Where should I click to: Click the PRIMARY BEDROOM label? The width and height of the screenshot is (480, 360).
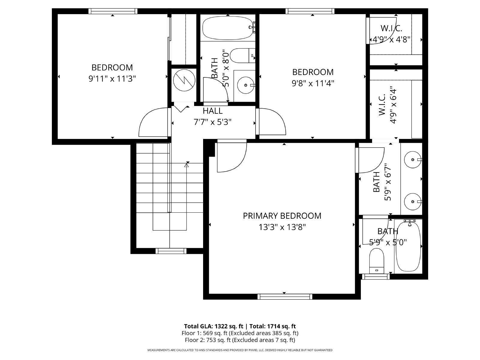282,216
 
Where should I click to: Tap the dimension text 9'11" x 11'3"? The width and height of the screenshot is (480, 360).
112,79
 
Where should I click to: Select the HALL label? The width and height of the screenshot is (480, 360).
213,111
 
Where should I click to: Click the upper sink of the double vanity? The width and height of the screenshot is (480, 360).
413,160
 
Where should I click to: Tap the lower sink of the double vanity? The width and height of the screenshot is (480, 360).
413,202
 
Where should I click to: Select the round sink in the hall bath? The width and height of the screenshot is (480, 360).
246,85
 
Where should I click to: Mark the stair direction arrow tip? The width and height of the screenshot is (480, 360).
187,164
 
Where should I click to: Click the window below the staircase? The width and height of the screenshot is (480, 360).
170,251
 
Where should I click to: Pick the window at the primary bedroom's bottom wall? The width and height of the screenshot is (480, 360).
285,296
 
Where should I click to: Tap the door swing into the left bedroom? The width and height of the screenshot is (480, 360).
152,121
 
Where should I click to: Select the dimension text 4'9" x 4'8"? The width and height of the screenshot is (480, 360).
391,39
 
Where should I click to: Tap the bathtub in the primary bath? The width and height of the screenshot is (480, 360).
408,246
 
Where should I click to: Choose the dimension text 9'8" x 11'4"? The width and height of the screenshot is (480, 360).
313,83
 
